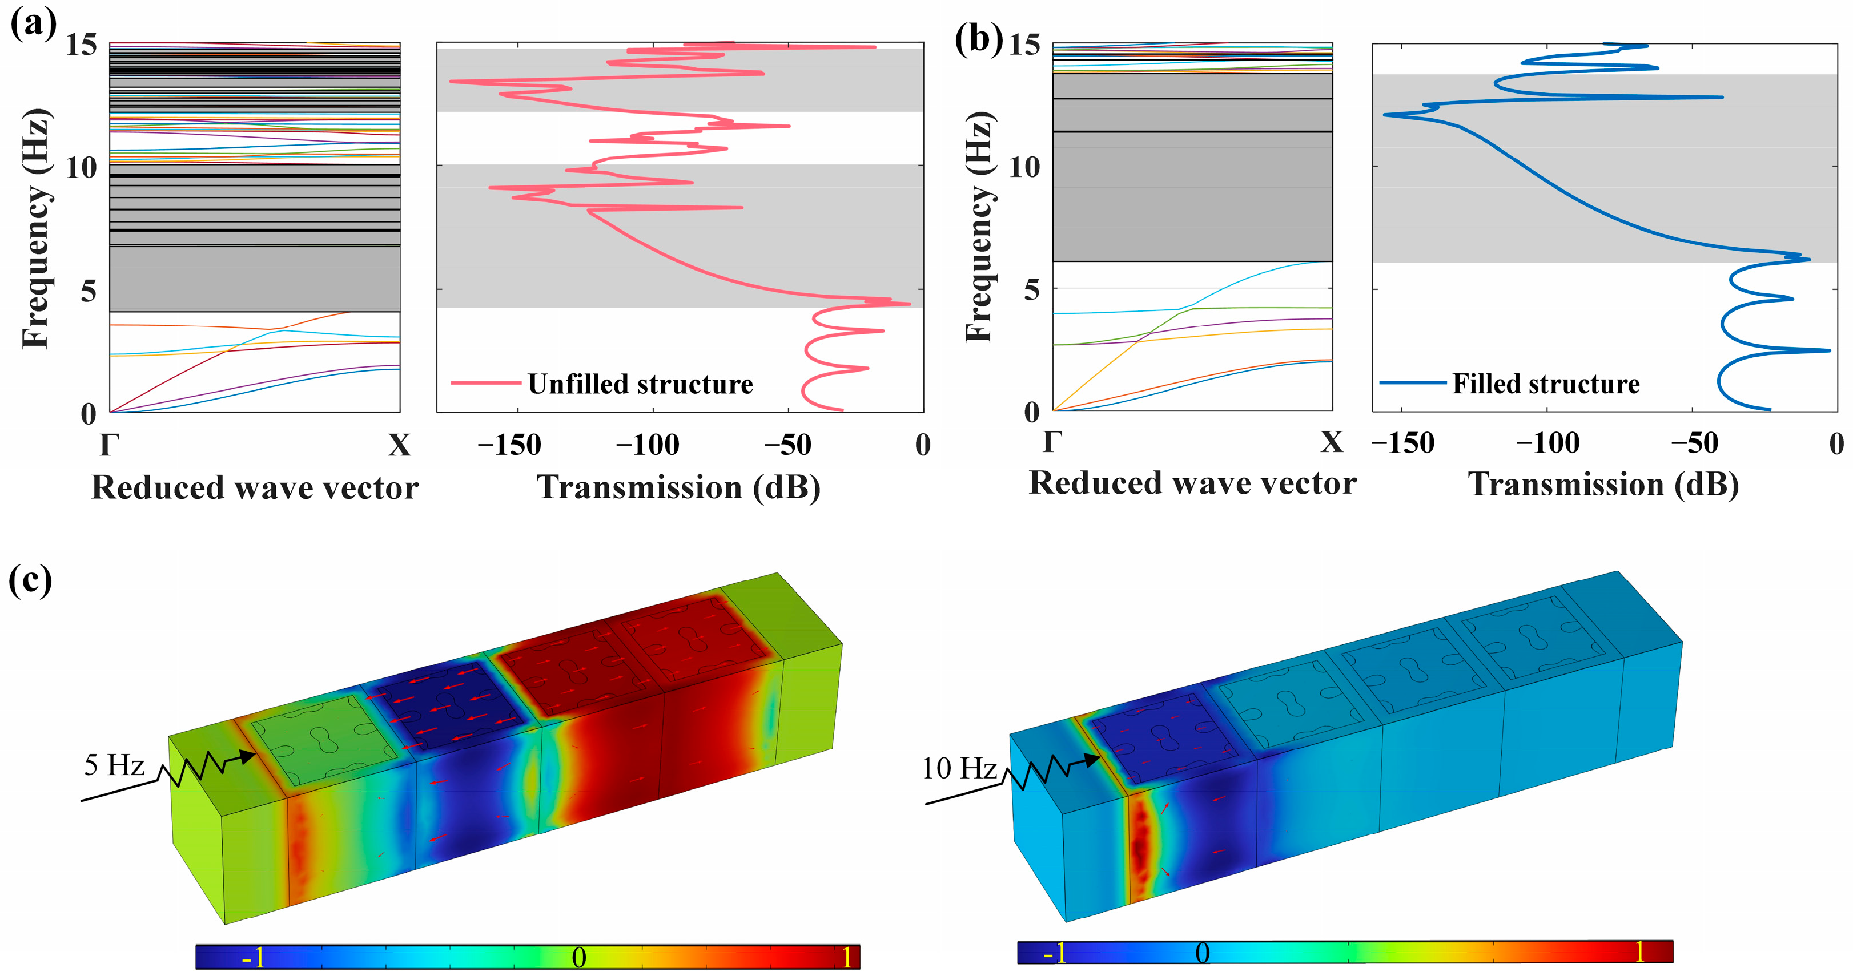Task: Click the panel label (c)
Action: pyautogui.click(x=30, y=580)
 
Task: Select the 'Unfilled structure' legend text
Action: pyautogui.click(x=640, y=384)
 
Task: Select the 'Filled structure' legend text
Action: pyautogui.click(x=1546, y=384)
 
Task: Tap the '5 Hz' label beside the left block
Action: pyautogui.click(x=114, y=765)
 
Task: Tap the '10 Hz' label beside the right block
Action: pyautogui.click(x=959, y=769)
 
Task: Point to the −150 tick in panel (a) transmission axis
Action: pyautogui.click(x=509, y=445)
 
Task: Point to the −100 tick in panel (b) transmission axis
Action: pyautogui.click(x=1547, y=443)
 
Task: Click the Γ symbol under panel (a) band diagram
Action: pyautogui.click(x=108, y=445)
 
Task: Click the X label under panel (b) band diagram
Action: pyautogui.click(x=1332, y=442)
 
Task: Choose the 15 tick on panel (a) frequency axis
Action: pyautogui.click(x=81, y=45)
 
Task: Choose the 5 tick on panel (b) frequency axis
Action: pyautogui.click(x=1031, y=290)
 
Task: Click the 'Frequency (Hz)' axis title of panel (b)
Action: pyautogui.click(x=980, y=227)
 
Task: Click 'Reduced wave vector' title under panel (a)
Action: pyautogui.click(x=255, y=487)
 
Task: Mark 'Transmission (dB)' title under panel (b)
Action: pyautogui.click(x=1603, y=484)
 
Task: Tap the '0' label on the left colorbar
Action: pyautogui.click(x=578, y=957)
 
